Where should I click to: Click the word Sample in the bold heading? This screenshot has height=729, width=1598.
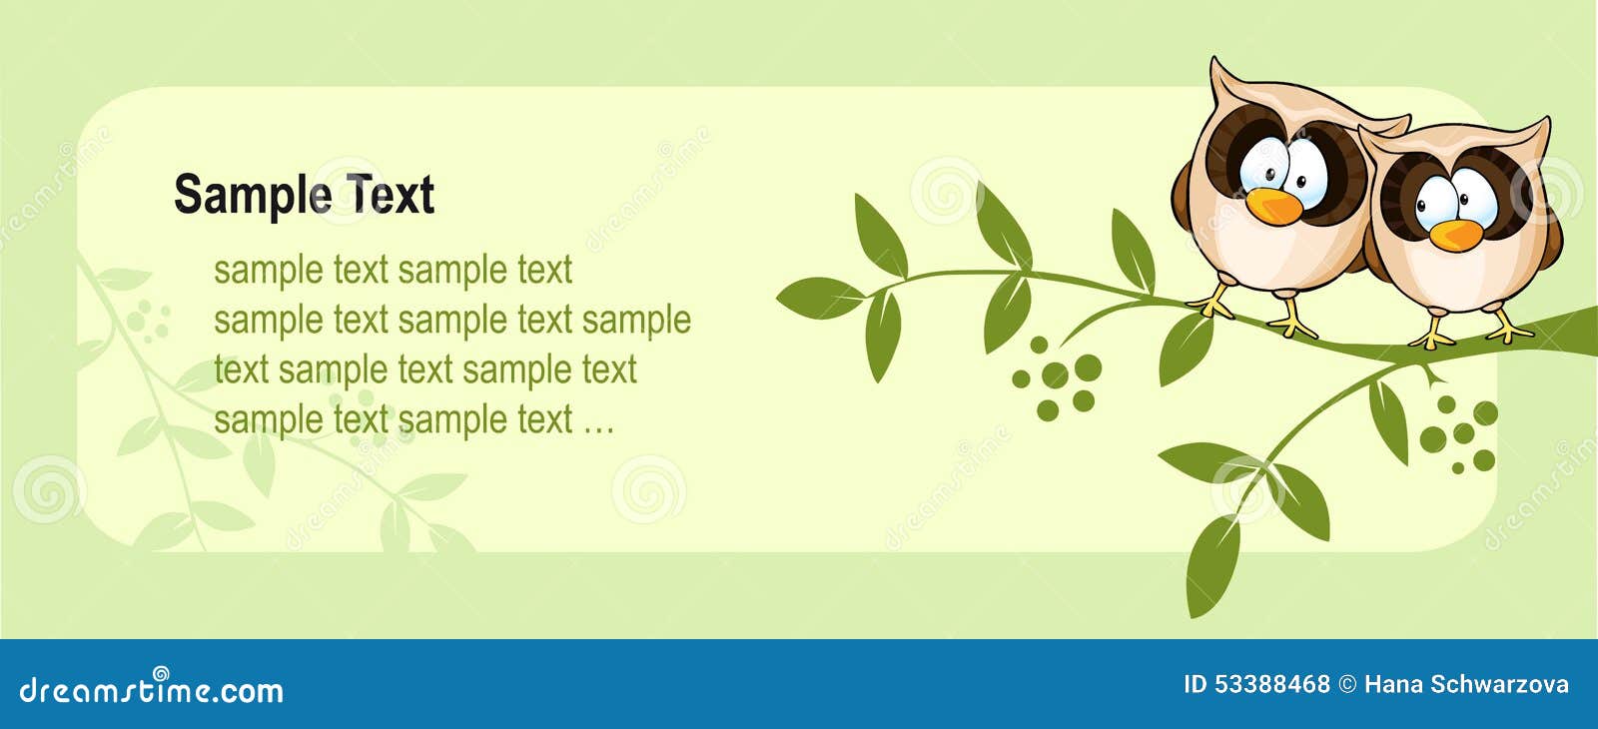pos(254,196)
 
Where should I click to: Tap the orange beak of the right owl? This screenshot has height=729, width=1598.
pos(1456,236)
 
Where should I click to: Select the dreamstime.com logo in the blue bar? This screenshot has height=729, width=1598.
pos(151,688)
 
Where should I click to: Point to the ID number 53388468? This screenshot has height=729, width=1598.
pos(1272,684)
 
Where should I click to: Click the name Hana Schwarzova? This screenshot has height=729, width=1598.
pos(1466,684)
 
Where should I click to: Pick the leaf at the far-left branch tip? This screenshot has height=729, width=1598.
pos(820,298)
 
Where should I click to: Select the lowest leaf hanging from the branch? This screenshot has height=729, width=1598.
pos(1212,567)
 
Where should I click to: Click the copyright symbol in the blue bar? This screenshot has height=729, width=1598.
pos(1347,685)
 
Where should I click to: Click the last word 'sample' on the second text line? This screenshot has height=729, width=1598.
pos(636,321)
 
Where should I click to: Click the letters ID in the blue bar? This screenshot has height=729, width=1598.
pos(1195,684)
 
